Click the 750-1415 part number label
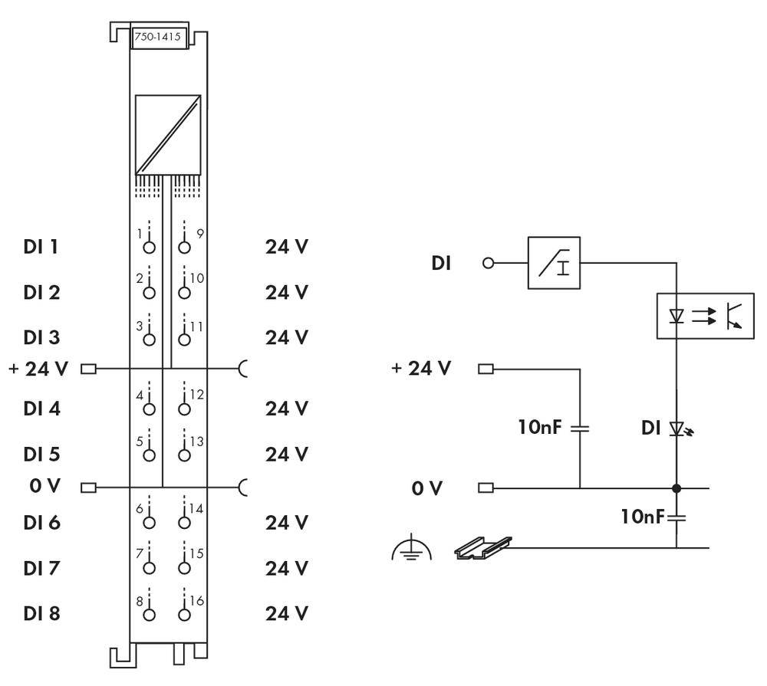160,39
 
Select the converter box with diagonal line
167,134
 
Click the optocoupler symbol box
704,315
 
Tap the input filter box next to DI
554,263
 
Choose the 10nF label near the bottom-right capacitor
642,517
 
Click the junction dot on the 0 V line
676,487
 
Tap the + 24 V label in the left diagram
38,369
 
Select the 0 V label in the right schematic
426,487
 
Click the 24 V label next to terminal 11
287,337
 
